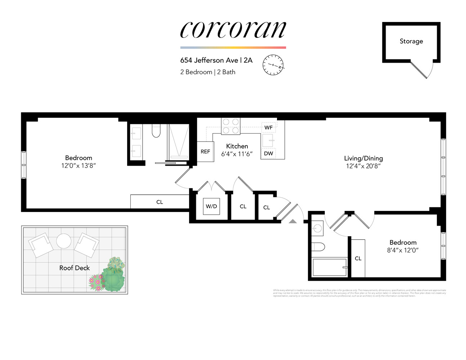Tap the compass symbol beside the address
click(x=273, y=65)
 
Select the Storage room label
click(x=411, y=41)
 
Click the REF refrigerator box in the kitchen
click(x=205, y=152)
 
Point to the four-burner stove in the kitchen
click(x=230, y=126)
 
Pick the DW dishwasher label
click(x=269, y=153)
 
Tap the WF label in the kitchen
click(x=269, y=127)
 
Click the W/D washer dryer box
click(x=211, y=206)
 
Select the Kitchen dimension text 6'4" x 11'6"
click(x=237, y=154)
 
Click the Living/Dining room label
click(x=363, y=158)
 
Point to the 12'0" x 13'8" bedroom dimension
click(x=79, y=166)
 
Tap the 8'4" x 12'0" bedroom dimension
click(x=403, y=250)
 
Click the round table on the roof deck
click(x=64, y=241)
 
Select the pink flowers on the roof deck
click(x=96, y=283)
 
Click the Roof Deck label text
click(x=75, y=268)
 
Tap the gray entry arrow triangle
click(x=293, y=221)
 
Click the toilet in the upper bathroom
click(x=156, y=131)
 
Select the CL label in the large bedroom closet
click(x=160, y=202)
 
